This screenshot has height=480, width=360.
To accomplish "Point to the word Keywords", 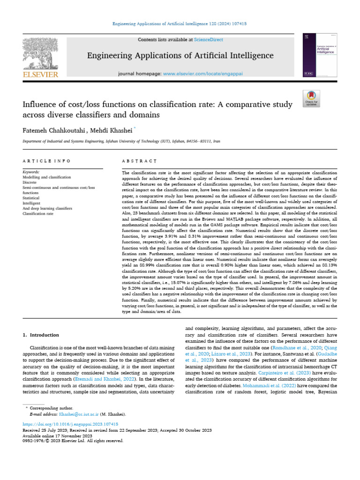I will pos(31,172).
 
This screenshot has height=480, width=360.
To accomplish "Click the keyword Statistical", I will pos(31,198).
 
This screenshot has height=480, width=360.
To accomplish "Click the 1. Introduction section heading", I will pos(41,335).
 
